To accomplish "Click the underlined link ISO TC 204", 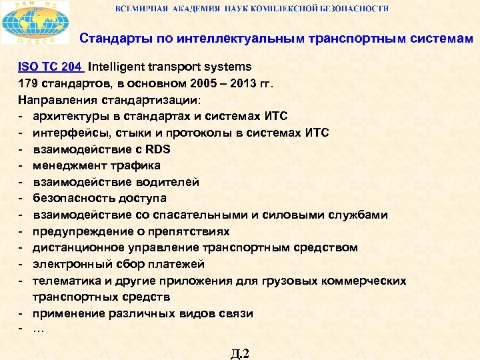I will click(49, 67).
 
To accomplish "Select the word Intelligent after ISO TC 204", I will click(119, 67).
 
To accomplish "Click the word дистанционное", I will click(75, 247).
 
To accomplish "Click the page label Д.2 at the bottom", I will click(240, 353).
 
